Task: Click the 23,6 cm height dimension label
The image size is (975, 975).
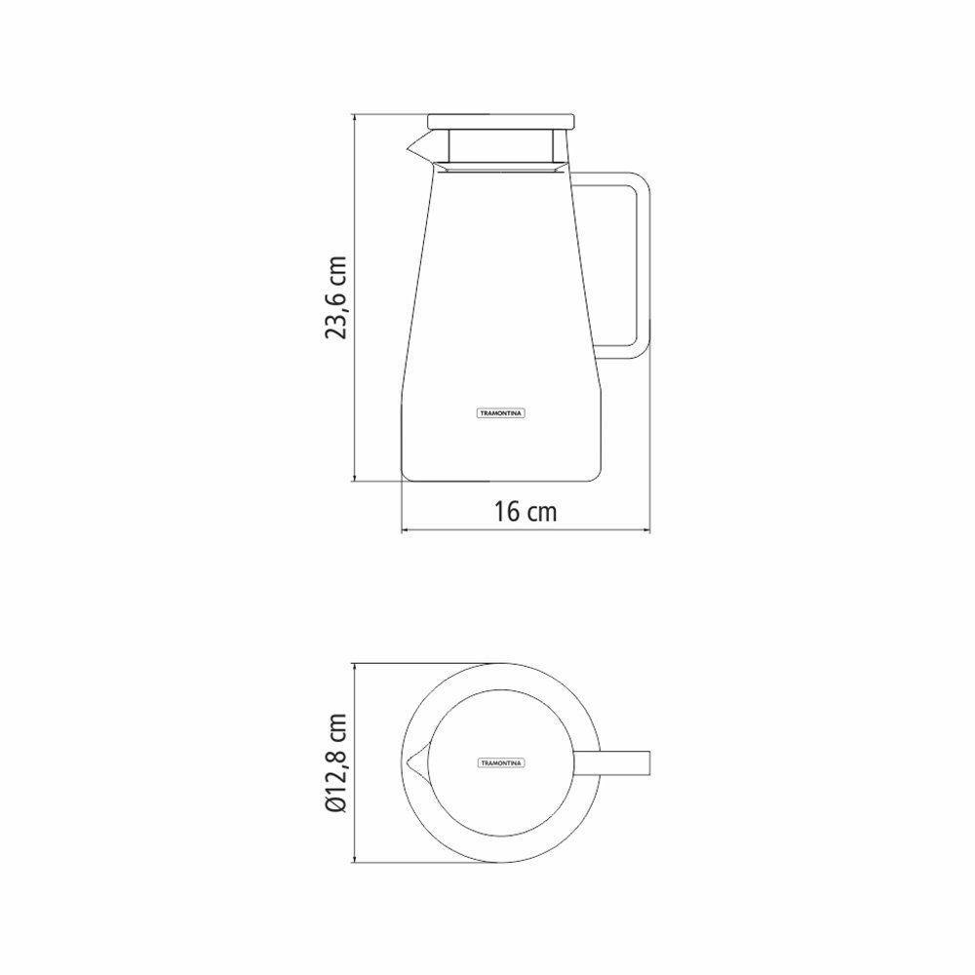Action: point(336,298)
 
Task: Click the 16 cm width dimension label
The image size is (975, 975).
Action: point(526,511)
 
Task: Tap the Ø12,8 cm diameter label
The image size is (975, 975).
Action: point(336,762)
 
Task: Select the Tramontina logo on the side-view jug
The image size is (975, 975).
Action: point(501,412)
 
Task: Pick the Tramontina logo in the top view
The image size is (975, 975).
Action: point(501,762)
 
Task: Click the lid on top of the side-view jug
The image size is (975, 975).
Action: point(500,121)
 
